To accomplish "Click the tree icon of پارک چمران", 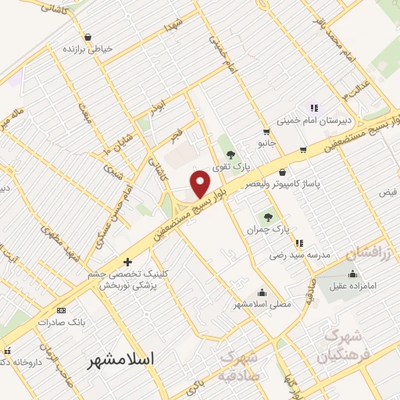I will (269, 216).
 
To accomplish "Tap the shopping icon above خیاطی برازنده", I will (87, 37).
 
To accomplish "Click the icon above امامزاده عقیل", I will (352, 273).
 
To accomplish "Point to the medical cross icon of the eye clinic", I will (127, 262).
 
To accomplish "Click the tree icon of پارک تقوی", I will (230, 152).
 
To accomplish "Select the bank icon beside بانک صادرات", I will (62, 310).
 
